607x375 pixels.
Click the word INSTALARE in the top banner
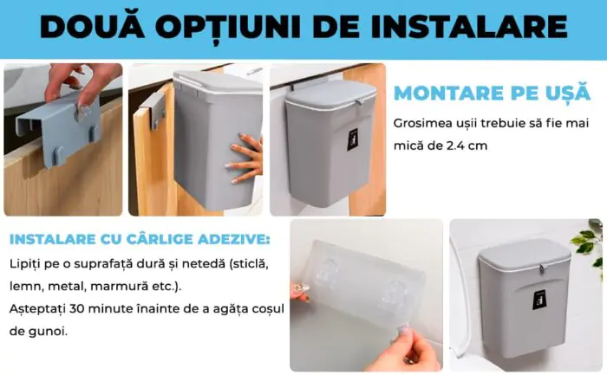click(470, 27)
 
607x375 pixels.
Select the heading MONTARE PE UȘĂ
click(492, 94)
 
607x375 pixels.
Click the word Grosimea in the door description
click(418, 123)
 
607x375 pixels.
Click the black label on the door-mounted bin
click(353, 139)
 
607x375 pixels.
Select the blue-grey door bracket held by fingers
click(58, 130)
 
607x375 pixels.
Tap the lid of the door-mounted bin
click(331, 94)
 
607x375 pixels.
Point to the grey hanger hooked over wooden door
click(153, 111)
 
